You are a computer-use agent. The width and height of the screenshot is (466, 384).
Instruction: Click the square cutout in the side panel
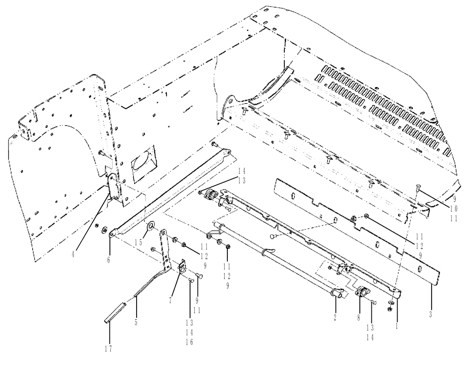pyautogui.click(x=142, y=161)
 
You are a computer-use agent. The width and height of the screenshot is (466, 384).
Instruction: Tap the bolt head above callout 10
pyautogui.click(x=417, y=187)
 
